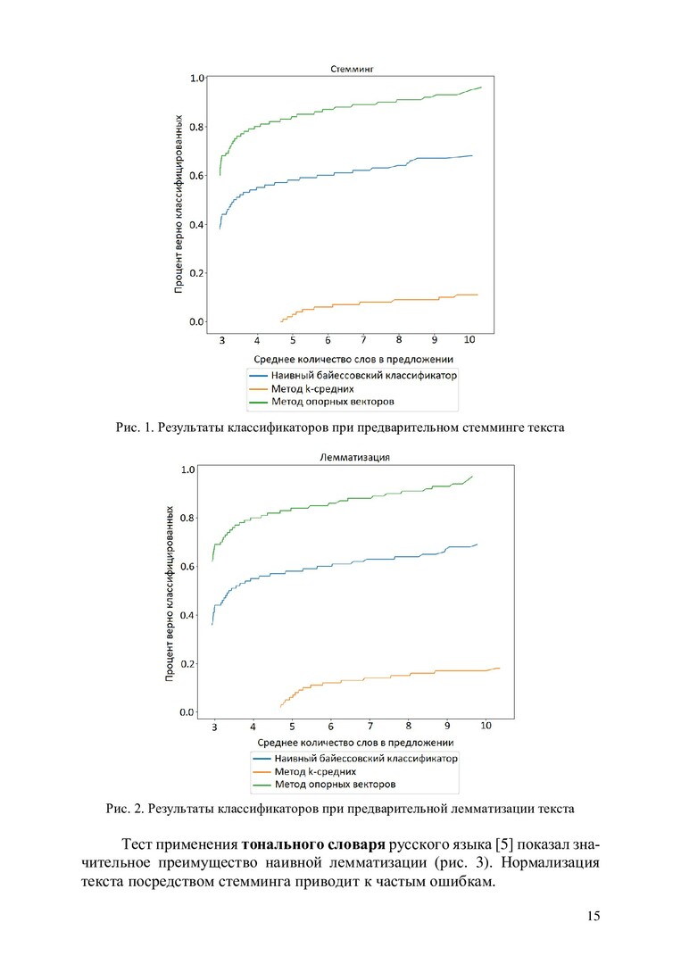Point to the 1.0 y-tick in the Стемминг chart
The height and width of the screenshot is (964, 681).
196,78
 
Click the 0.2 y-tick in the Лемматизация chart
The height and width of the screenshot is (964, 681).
187,664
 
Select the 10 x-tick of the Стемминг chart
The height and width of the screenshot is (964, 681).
470,341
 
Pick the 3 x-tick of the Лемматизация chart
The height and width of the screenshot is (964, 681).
214,728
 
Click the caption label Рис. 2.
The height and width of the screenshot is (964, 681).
125,810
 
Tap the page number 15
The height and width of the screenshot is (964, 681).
594,917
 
